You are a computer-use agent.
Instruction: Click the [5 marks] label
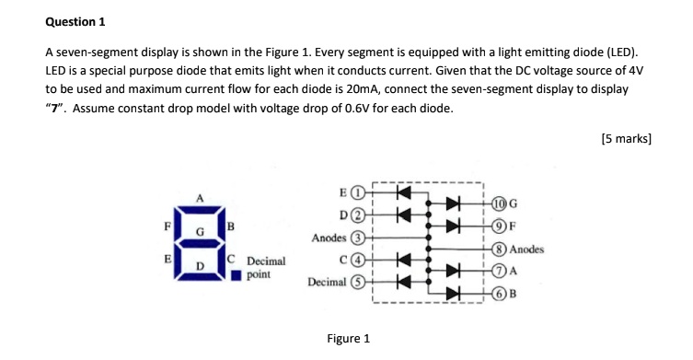625,139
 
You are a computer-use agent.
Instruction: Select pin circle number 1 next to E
361,194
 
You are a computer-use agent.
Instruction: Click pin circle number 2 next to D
361,216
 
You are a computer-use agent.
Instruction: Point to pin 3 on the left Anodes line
361,238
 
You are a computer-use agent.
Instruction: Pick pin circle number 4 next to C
361,260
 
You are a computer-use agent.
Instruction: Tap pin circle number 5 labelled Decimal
361,282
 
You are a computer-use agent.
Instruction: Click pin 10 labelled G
498,204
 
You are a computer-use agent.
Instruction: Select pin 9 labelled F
498,226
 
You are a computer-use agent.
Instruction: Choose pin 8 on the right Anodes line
498,249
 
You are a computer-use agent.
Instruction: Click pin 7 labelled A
498,271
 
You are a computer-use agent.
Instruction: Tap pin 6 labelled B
498,293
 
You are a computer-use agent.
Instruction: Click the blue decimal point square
237,273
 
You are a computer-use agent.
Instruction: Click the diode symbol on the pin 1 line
401,194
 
